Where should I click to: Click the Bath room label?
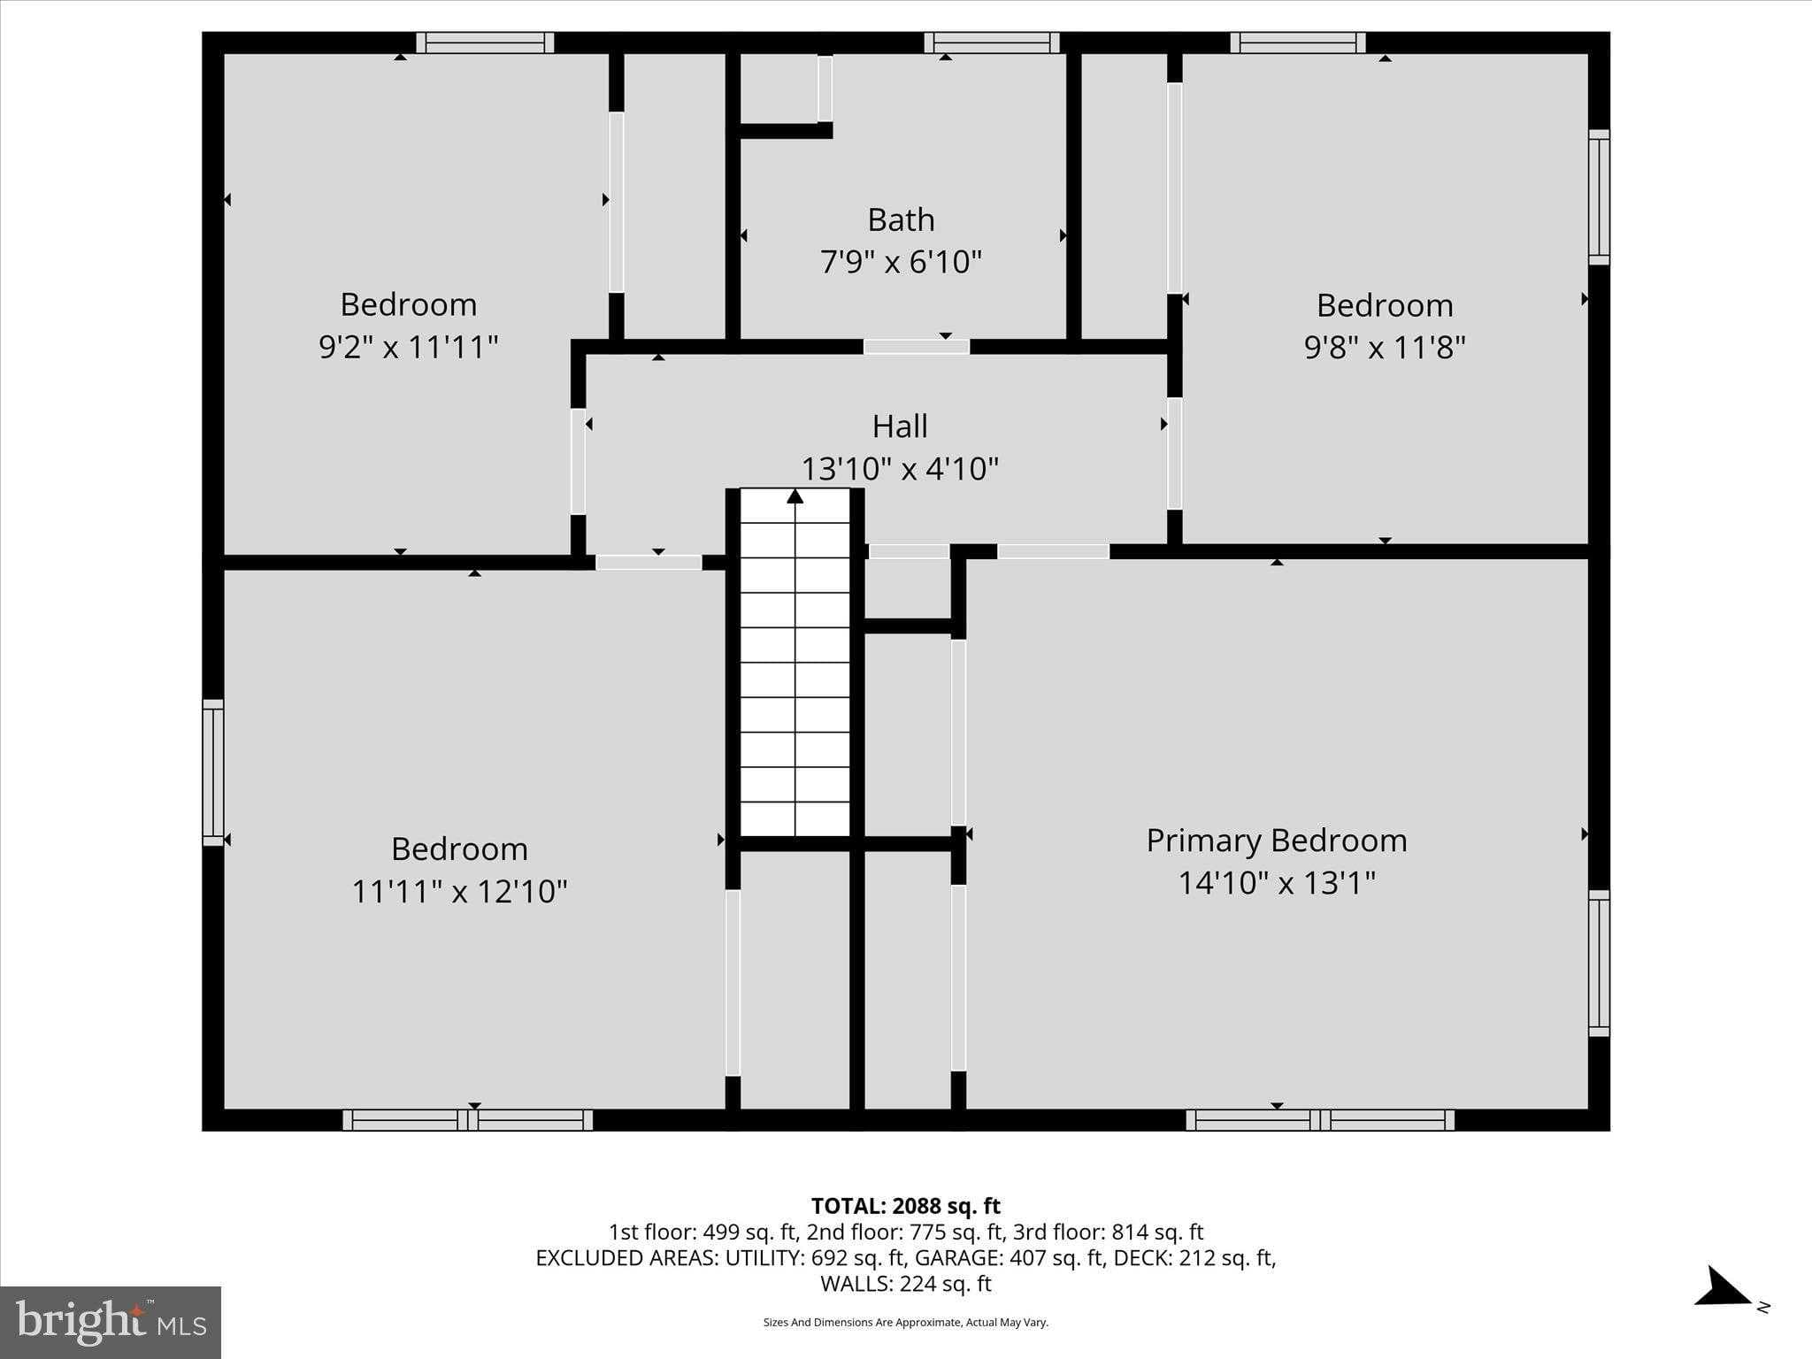[901, 219]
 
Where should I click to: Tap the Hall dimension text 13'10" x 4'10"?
[900, 468]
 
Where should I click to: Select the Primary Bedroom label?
[1276, 841]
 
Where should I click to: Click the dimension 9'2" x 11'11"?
[408, 347]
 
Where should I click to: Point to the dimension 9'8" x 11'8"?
[1385, 347]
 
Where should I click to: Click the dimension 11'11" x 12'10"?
[459, 891]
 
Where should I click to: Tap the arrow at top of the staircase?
[795, 496]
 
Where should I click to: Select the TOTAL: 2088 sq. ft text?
[905, 1206]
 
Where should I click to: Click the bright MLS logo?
[111, 1322]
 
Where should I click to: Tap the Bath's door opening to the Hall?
[916, 347]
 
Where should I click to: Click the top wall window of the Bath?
[991, 42]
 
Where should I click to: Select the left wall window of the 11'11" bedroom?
[212, 772]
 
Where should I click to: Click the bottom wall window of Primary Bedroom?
[1319, 1120]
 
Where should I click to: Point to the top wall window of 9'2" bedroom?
[485, 42]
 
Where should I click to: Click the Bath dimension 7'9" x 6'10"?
[901, 263]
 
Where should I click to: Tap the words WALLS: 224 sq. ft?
[905, 1284]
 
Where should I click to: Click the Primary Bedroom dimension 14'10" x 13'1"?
[1276, 883]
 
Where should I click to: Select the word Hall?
[900, 426]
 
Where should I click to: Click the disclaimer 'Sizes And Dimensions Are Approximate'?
[905, 1323]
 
